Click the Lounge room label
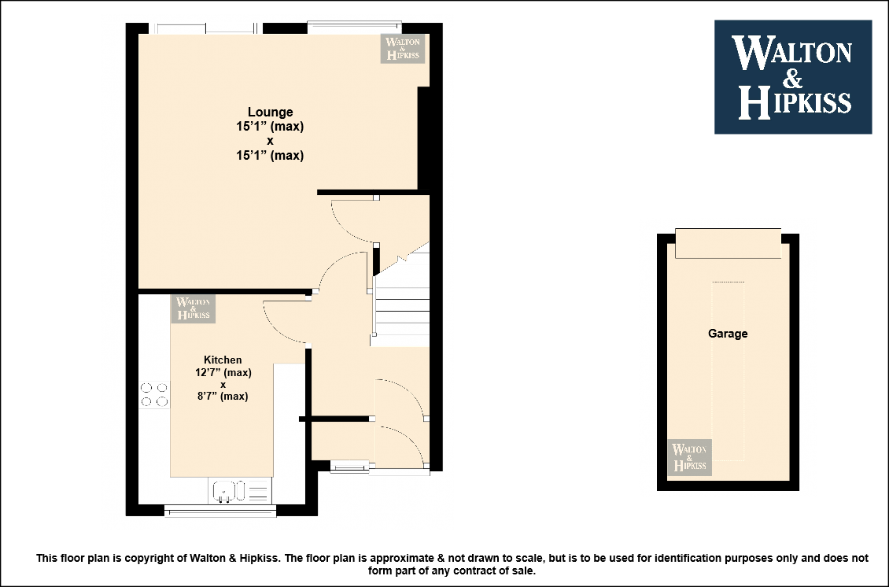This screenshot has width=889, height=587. click(271, 113)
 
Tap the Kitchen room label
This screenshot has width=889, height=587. click(223, 360)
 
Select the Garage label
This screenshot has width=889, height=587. click(728, 334)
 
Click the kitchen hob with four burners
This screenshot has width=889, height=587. click(154, 395)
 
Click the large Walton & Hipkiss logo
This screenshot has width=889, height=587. click(793, 77)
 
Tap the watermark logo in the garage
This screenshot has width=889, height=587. click(689, 457)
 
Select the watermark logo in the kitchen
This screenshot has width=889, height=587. click(194, 308)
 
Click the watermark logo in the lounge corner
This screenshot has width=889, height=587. click(403, 48)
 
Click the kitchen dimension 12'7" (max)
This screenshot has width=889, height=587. click(223, 373)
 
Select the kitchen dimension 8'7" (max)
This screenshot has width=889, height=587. click(223, 396)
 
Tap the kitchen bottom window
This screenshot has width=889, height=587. click(220, 511)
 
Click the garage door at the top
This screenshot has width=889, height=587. click(728, 244)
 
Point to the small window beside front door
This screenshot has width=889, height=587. click(349, 467)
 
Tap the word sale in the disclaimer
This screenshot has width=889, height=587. click(524, 570)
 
